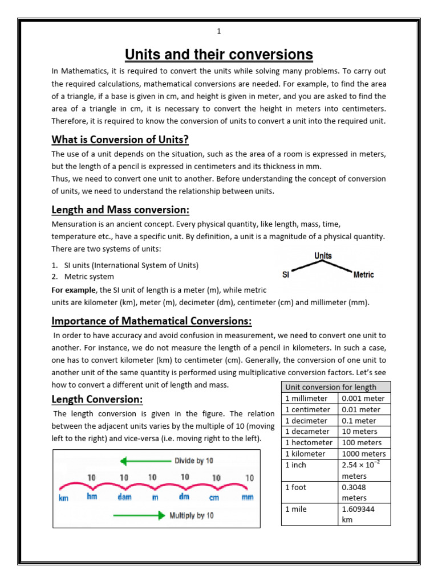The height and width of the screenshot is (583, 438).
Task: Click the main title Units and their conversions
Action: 219,55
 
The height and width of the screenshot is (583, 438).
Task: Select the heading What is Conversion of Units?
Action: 120,139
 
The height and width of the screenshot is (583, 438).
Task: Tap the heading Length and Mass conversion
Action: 120,210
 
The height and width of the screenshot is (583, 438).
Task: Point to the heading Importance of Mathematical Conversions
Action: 152,321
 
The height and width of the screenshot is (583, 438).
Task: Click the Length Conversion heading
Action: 97,399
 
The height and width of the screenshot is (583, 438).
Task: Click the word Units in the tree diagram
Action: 323,256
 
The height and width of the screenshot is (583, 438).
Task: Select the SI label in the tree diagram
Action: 286,274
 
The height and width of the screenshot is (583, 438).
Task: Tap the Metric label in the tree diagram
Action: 363,274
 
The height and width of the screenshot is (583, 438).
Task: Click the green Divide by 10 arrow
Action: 145,460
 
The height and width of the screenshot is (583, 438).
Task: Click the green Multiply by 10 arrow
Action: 139,516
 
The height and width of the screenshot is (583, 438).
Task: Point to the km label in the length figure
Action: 64,498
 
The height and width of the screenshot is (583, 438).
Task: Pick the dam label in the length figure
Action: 124,497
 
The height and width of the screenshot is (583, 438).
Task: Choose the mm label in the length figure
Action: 248,497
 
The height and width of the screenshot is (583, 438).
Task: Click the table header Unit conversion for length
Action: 331,387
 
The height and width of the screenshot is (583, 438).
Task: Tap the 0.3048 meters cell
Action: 364,492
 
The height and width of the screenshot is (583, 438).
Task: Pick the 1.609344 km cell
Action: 364,514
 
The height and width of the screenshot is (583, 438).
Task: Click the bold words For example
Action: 74,290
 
